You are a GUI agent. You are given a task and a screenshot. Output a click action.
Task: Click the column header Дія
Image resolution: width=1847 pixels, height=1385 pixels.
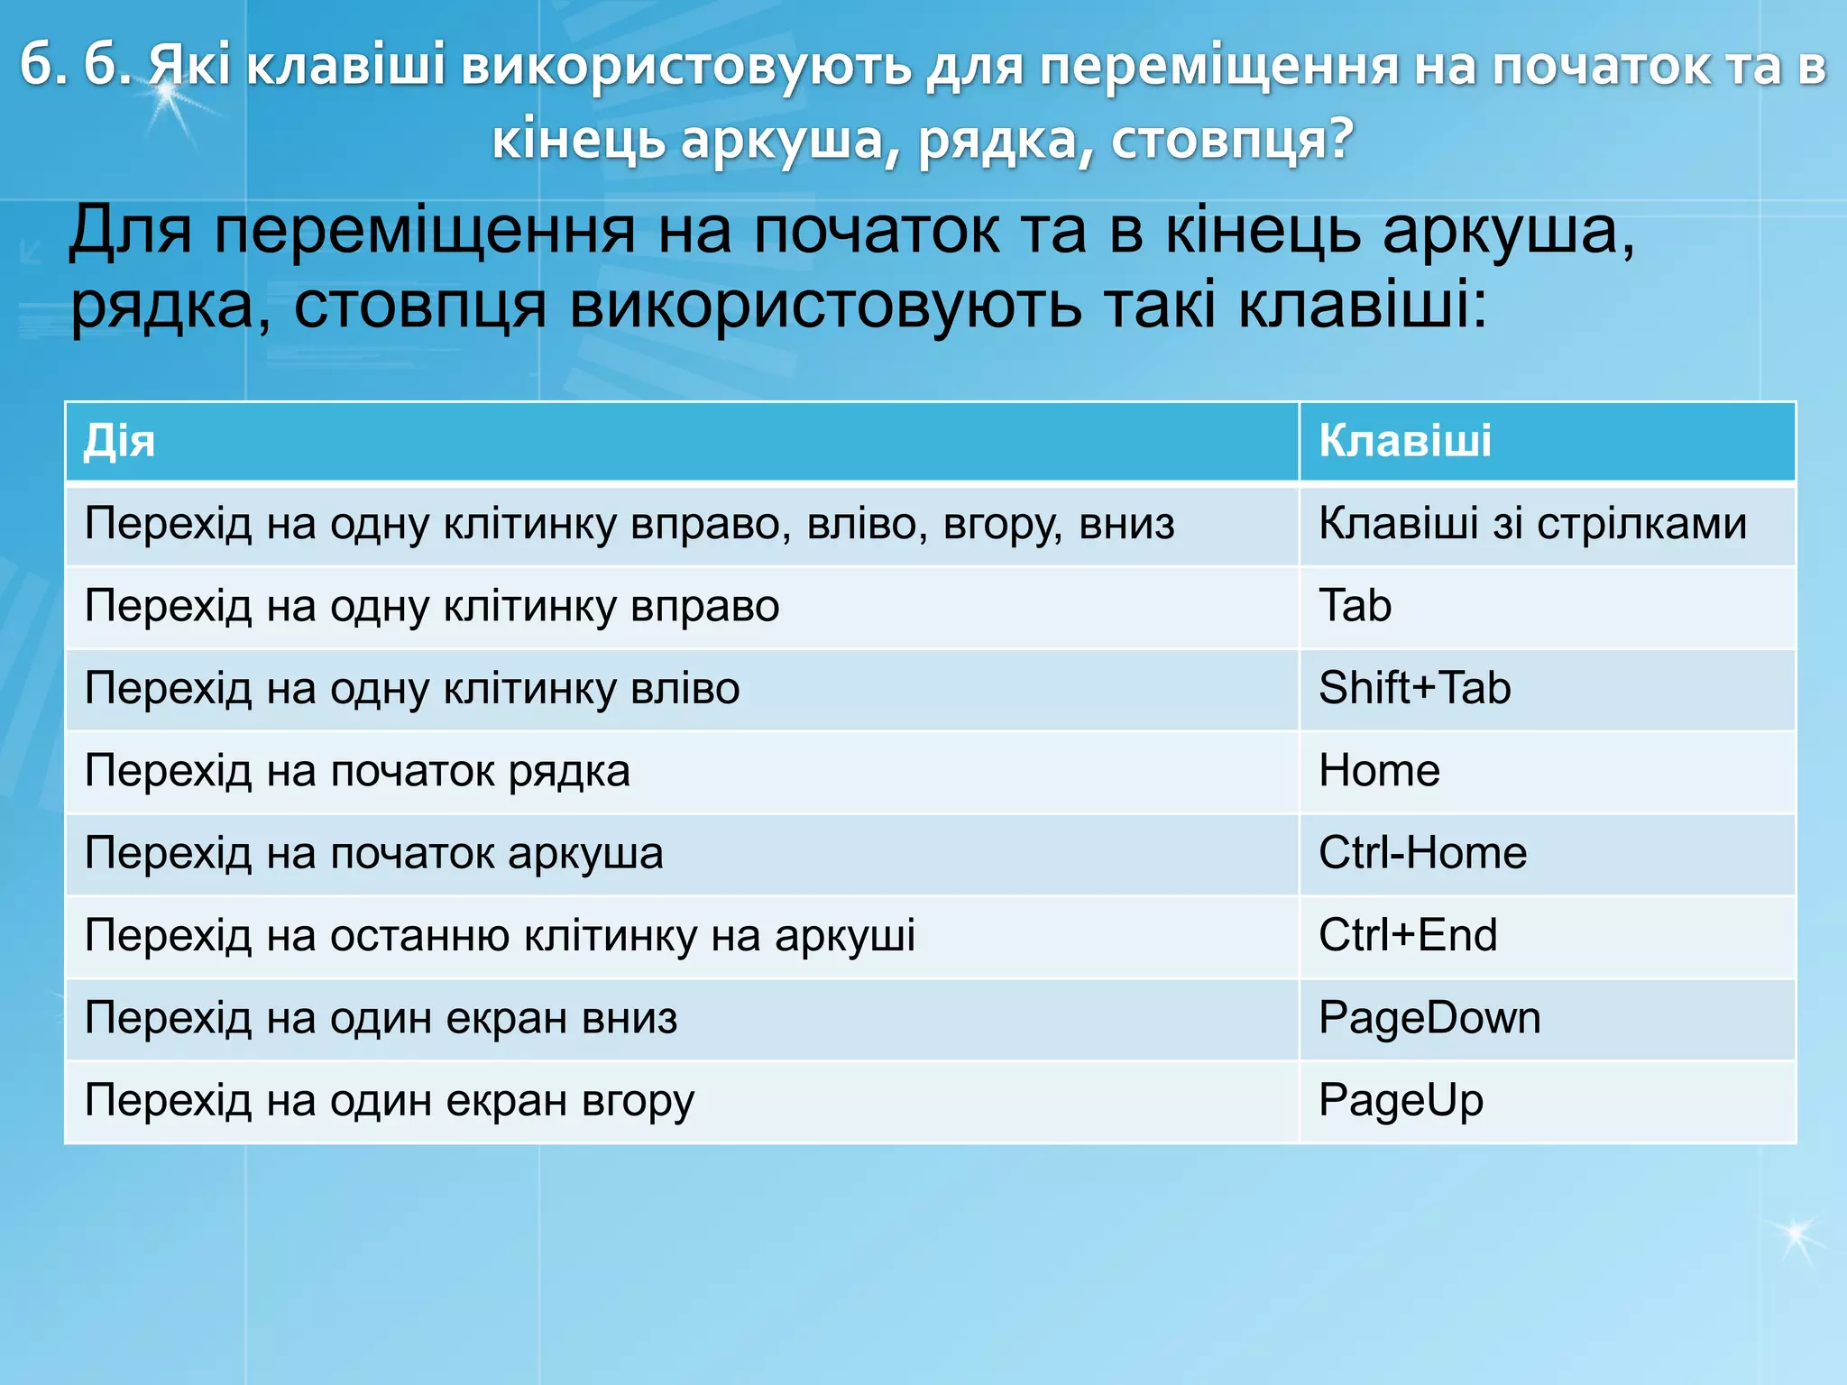click(119, 442)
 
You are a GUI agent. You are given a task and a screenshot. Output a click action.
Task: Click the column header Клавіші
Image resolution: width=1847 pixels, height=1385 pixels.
click(1404, 442)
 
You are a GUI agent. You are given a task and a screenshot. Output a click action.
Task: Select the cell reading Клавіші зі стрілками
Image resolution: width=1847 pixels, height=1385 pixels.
click(1532, 524)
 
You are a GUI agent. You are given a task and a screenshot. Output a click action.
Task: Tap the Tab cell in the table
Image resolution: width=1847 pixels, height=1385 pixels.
click(1355, 606)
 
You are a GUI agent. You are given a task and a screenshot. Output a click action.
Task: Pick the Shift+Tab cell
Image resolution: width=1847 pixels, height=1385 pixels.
click(1414, 689)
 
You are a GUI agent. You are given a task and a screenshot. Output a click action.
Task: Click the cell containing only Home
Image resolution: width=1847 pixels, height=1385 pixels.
click(1379, 771)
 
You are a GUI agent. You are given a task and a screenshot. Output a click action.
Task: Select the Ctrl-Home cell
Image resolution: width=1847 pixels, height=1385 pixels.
click(1422, 853)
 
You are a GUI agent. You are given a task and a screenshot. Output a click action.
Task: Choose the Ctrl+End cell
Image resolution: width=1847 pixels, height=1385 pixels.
click(1408, 935)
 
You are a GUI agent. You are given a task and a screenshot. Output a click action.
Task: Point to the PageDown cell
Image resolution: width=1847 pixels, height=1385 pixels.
click(1429, 1018)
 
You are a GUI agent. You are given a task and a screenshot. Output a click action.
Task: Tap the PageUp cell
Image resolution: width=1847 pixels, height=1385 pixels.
click(1401, 1100)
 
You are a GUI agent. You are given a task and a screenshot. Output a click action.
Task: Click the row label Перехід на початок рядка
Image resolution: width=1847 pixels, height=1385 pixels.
click(357, 771)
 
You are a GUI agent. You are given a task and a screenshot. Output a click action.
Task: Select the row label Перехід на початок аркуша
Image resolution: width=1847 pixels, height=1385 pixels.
click(373, 853)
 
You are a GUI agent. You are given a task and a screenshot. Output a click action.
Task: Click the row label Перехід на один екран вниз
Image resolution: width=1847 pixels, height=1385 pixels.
click(381, 1018)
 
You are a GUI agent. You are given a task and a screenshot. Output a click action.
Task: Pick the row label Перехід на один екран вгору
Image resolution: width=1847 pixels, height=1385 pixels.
click(390, 1100)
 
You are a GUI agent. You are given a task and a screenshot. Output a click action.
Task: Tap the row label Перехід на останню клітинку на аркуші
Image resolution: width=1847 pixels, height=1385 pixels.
click(500, 935)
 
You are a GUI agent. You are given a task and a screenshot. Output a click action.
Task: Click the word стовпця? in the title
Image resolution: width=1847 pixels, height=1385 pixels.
click(1232, 140)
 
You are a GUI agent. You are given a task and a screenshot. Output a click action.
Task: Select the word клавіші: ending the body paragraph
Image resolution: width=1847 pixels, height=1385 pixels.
click(1362, 307)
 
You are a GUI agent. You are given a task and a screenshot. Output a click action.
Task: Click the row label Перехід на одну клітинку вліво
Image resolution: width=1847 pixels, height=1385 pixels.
click(412, 689)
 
